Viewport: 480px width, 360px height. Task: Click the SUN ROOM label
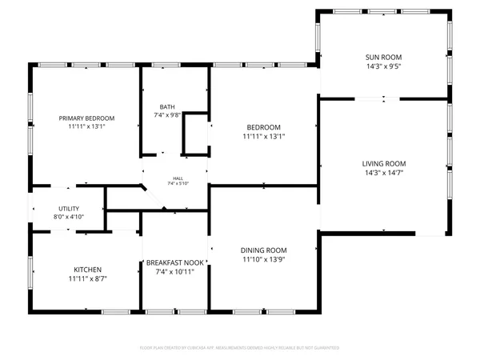click(x=384, y=57)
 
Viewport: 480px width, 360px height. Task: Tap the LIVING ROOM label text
click(x=384, y=163)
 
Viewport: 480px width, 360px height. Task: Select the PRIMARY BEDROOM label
click(x=87, y=118)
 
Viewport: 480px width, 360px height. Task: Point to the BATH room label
click(x=167, y=106)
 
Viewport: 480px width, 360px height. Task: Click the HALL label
click(x=175, y=178)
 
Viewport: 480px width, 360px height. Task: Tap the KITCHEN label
click(x=87, y=270)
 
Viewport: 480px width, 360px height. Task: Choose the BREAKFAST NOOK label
click(x=175, y=262)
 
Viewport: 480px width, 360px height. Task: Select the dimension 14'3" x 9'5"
click(x=384, y=66)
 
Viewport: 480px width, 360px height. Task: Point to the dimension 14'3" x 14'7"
click(x=384, y=173)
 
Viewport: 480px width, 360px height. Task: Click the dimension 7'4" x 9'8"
click(x=167, y=115)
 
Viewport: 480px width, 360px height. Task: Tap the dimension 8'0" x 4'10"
click(x=68, y=217)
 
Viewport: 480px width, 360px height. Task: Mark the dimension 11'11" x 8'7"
click(x=87, y=279)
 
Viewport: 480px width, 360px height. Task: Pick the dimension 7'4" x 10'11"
click(x=175, y=272)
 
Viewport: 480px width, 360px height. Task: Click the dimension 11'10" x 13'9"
click(x=264, y=260)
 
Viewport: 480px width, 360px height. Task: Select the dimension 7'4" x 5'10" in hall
click(x=175, y=184)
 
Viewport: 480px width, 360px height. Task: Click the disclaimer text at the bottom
click(x=240, y=348)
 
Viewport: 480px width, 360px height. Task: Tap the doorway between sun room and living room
click(x=384, y=98)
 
